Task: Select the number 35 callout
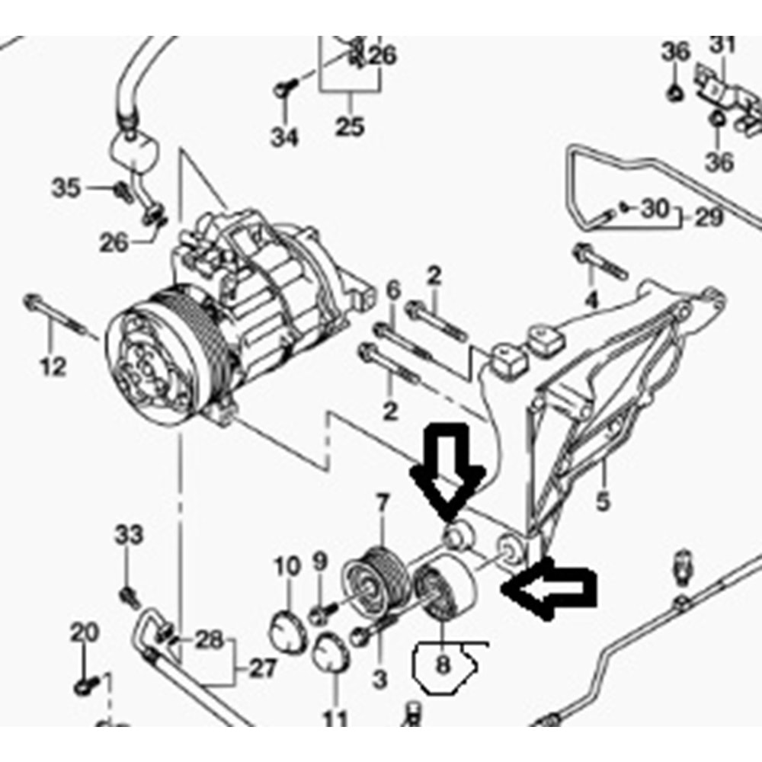click(x=66, y=188)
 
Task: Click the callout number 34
click(x=284, y=137)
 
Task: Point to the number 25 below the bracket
click(x=350, y=126)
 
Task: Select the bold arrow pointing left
click(x=549, y=588)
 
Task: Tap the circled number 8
click(x=442, y=664)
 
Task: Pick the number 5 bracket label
click(x=603, y=501)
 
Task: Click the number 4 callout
click(x=591, y=300)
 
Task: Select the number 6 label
click(x=393, y=290)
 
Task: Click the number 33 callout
click(x=130, y=535)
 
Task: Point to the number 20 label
click(x=85, y=632)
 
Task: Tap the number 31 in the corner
click(x=723, y=45)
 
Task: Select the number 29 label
click(x=709, y=218)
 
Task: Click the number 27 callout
click(x=262, y=669)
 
